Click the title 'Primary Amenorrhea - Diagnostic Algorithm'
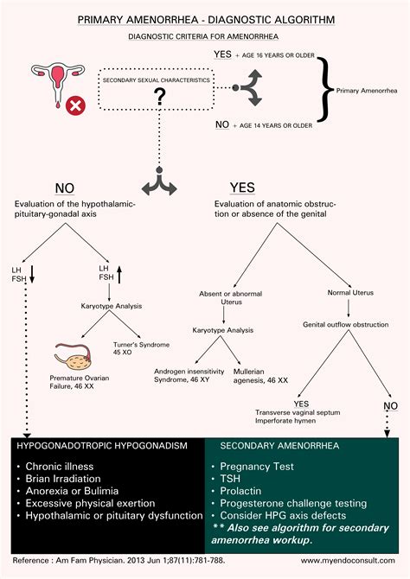click(x=205, y=17)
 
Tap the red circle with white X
click(x=77, y=106)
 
